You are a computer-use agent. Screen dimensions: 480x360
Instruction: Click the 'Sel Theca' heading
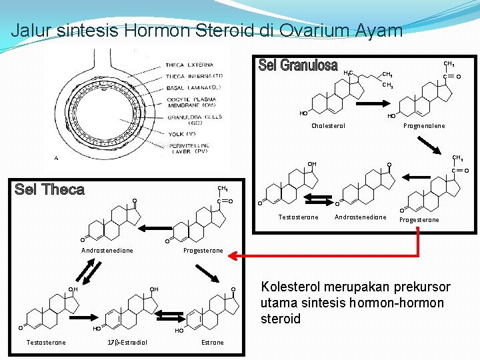pos(50,189)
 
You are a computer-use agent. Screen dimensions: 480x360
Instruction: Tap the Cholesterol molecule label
pos(328,125)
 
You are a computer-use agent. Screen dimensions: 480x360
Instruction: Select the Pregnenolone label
pos(424,125)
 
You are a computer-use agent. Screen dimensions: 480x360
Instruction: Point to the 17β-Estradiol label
pos(127,343)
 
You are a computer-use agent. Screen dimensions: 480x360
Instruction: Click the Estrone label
pos(212,343)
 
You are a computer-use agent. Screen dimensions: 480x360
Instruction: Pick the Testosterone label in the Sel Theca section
pos(45,343)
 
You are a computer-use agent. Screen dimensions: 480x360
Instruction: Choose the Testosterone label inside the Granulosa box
pos(298,217)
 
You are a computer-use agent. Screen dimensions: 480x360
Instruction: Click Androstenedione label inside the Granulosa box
pos(360,217)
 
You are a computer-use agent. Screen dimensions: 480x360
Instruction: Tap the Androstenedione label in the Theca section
pos(107,251)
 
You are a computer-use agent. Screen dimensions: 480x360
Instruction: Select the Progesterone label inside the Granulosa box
pos(419,220)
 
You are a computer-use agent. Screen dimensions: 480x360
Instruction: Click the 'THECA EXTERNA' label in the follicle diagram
pos(189,65)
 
